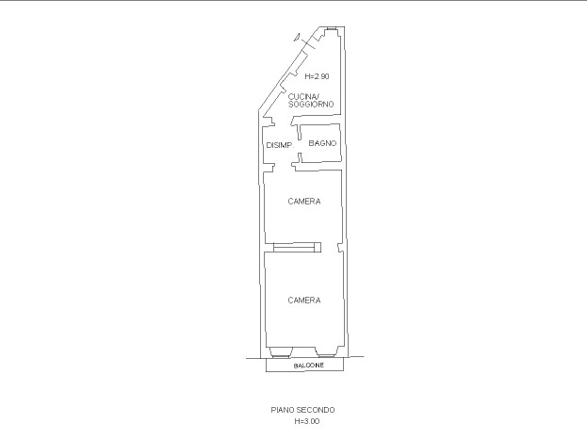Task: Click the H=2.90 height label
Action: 317,76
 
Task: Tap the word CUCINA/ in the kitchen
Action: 302,97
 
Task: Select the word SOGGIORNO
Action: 311,104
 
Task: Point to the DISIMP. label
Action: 280,145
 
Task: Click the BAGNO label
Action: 322,143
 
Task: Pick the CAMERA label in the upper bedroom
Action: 304,202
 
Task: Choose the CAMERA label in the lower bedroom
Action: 304,301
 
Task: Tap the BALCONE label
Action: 308,366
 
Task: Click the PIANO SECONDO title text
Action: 302,410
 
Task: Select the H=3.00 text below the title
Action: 306,421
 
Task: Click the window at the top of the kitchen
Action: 331,29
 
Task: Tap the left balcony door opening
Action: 281,352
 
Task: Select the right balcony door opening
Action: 327,352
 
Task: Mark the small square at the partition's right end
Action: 318,248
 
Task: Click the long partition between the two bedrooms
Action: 294,248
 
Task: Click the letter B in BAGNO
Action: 311,143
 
